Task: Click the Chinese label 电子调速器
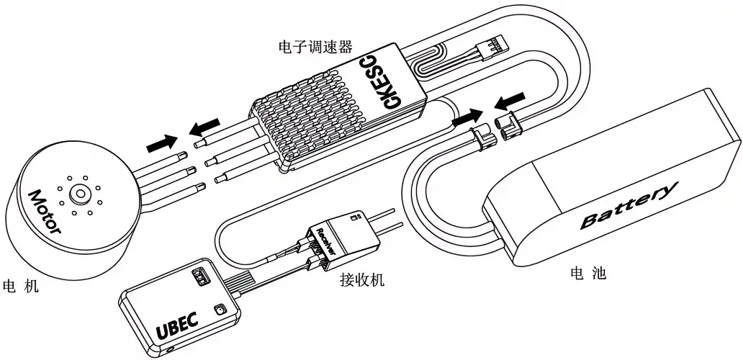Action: (x=315, y=47)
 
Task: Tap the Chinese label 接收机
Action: (x=362, y=279)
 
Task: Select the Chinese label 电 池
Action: (x=588, y=273)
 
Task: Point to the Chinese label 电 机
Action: (x=21, y=286)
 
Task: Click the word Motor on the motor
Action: (x=45, y=212)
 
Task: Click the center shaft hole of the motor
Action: (x=79, y=193)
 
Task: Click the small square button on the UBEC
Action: (x=220, y=310)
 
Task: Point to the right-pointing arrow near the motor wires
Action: (x=162, y=143)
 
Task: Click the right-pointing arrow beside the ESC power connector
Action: (x=468, y=117)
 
